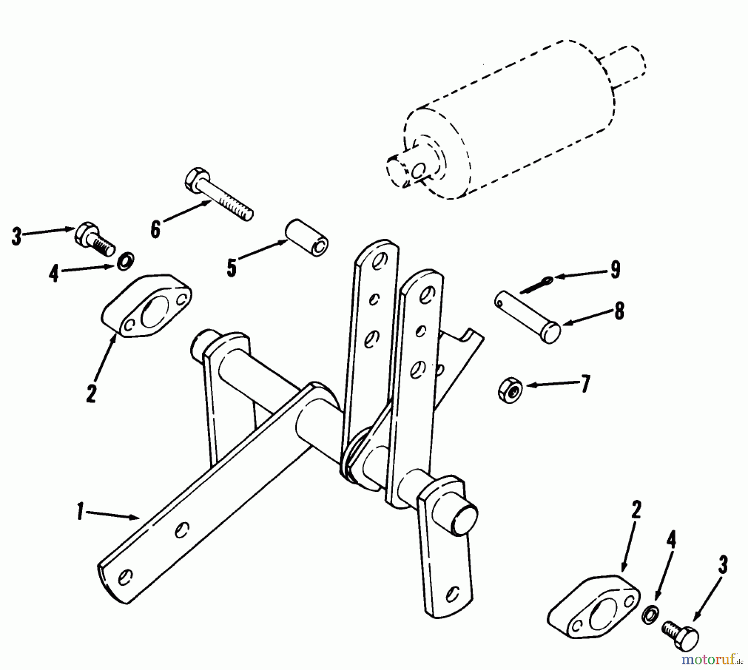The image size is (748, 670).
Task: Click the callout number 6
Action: tap(155, 229)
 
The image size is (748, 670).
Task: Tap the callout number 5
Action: tap(231, 267)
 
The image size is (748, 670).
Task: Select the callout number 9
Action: tap(615, 270)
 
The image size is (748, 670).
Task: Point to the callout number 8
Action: tap(619, 311)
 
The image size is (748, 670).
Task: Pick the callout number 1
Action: tap(80, 511)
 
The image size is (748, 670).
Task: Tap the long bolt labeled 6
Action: tap(218, 196)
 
